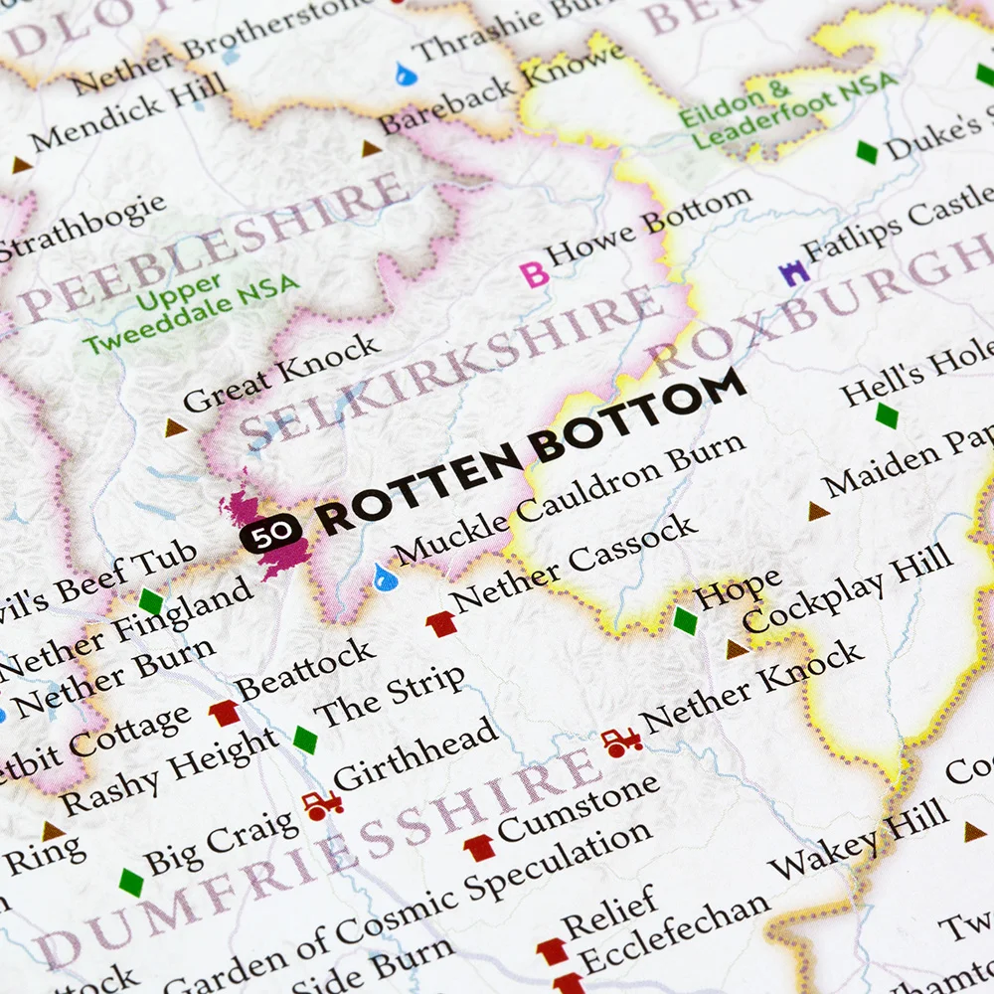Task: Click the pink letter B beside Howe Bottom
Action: [x=536, y=274]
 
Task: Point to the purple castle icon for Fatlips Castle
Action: [x=792, y=272]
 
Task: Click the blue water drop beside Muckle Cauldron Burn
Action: [x=382, y=576]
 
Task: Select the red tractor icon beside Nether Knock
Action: [x=621, y=742]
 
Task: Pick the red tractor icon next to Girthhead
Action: [x=321, y=804]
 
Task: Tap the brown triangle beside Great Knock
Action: [x=176, y=428]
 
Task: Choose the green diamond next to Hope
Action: [x=685, y=620]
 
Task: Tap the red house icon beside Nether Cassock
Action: [x=440, y=624]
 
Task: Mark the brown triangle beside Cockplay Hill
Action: [x=737, y=649]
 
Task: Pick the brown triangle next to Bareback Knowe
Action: [x=371, y=149]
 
